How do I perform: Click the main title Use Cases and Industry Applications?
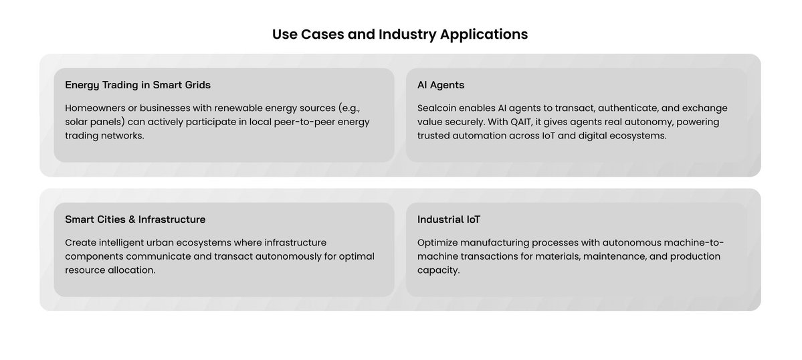pyautogui.click(x=400, y=34)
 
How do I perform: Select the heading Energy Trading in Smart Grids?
pyautogui.click(x=138, y=85)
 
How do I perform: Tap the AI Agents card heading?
pyautogui.click(x=441, y=85)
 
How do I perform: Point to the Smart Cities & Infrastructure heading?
pyautogui.click(x=135, y=219)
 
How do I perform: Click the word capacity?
pyautogui.click(x=439, y=270)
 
